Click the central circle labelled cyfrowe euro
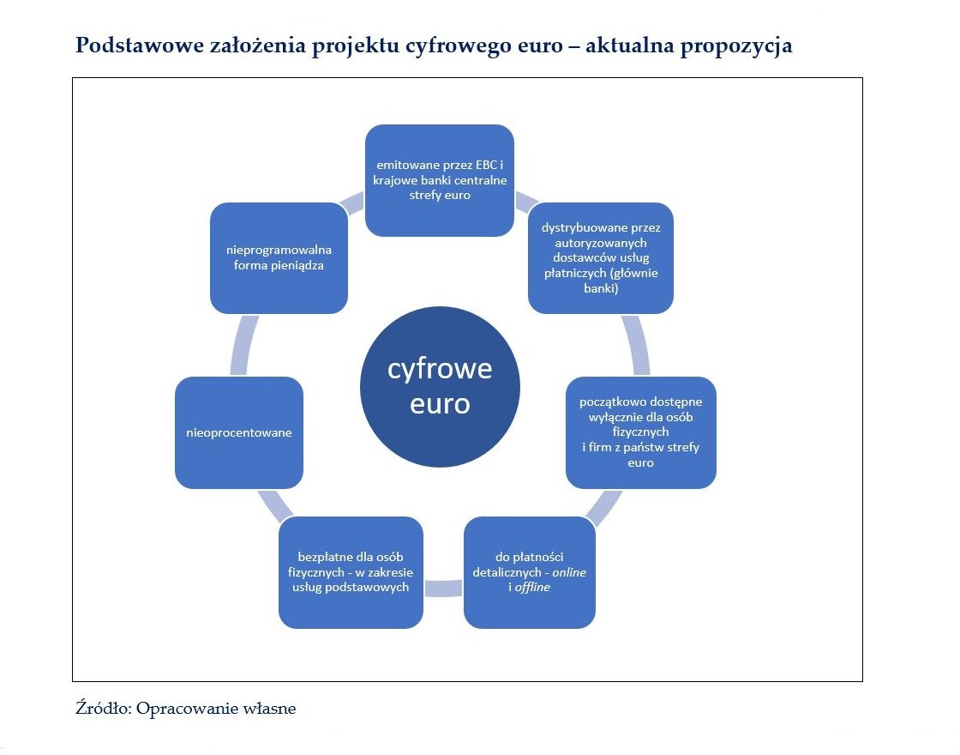(x=440, y=387)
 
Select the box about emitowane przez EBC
(x=440, y=180)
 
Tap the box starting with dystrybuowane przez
(x=600, y=258)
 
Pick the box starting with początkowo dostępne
(x=640, y=432)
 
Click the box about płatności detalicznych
(x=529, y=571)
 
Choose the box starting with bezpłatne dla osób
(x=351, y=572)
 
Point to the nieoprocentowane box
(x=239, y=432)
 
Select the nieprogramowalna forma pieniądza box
(x=279, y=257)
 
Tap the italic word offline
(x=532, y=587)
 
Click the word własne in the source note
(x=272, y=709)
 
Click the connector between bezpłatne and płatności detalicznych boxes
(x=443, y=588)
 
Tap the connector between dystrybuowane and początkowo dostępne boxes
(x=639, y=345)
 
